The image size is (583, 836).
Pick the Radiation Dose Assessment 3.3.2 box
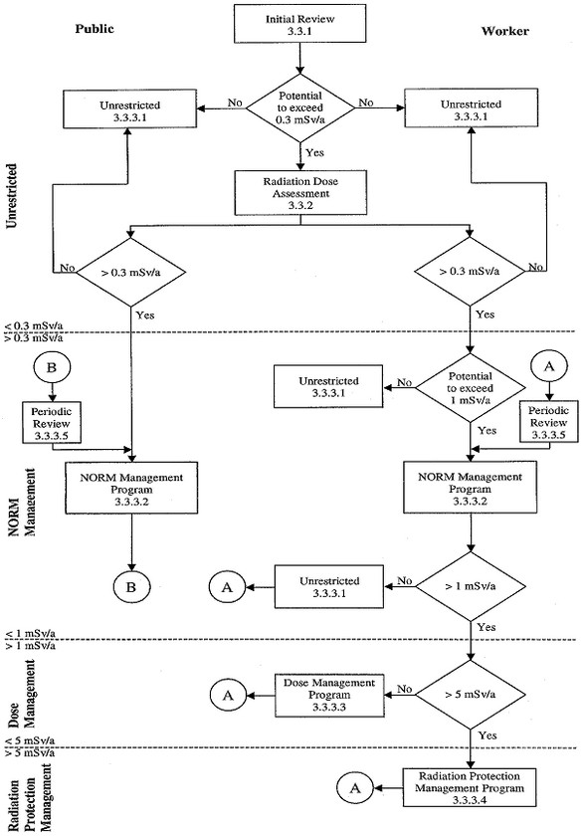pyautogui.click(x=300, y=188)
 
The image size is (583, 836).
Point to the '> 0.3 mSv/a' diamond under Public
pyautogui.click(x=132, y=269)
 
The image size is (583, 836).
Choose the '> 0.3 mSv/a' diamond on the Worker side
pyautogui.click(x=470, y=269)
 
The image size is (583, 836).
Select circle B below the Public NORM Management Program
pyautogui.click(x=132, y=588)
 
